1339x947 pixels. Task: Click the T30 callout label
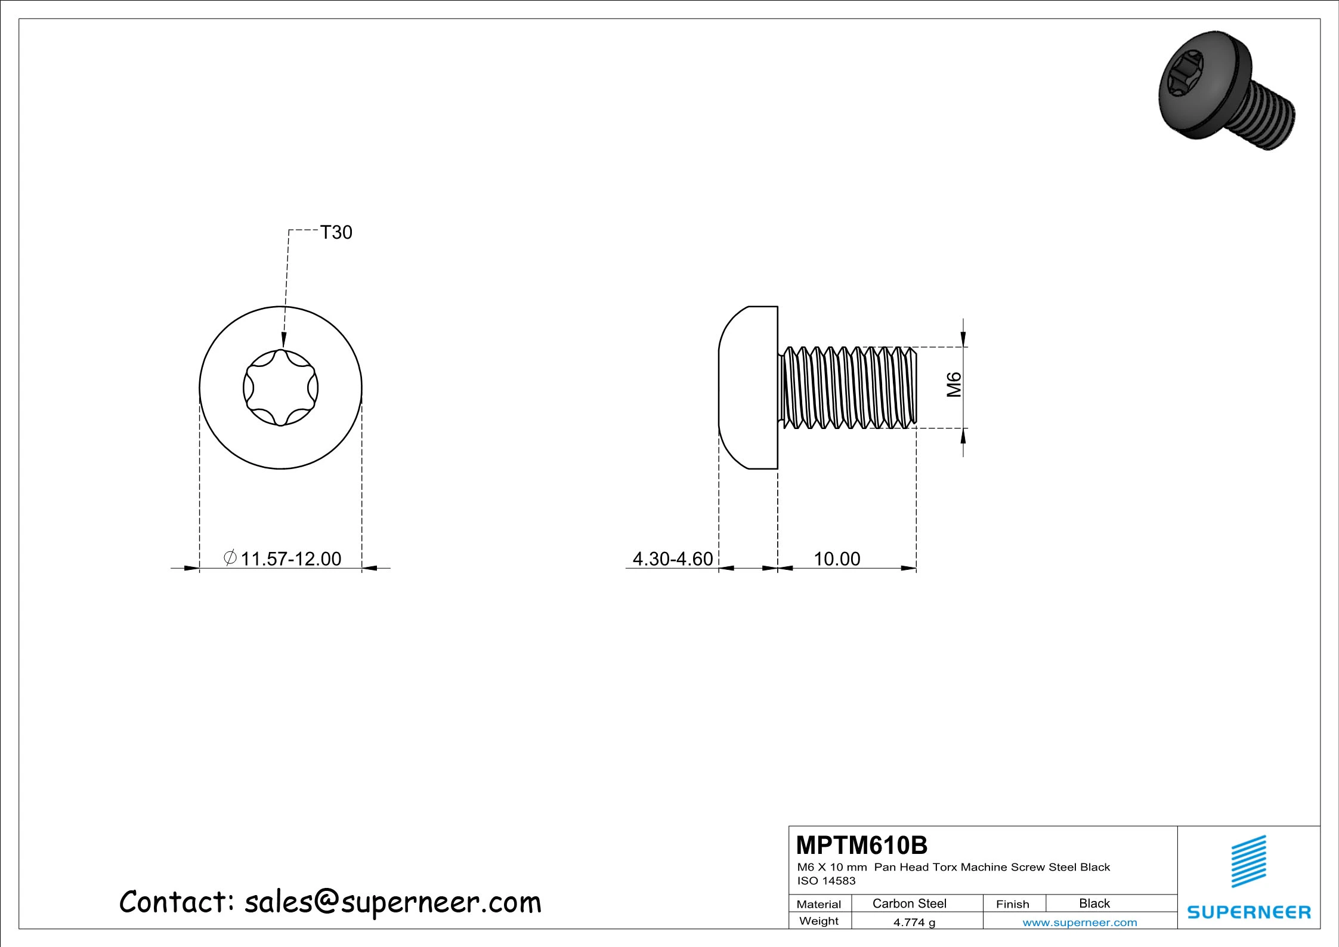click(336, 232)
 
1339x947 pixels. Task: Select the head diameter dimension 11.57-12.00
click(291, 559)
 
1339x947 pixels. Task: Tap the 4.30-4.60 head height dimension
click(673, 559)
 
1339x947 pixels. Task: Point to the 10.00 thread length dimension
click(837, 559)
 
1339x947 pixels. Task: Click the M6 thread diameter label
click(954, 384)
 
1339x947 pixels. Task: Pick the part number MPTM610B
click(862, 845)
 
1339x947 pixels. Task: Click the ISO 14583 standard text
click(826, 881)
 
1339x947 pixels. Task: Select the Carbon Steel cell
click(910, 903)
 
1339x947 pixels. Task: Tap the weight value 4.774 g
click(914, 923)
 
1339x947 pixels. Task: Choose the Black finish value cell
click(1094, 903)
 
